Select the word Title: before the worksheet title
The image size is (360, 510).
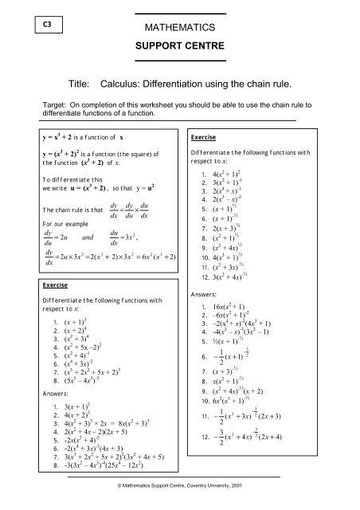pos(69,82)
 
